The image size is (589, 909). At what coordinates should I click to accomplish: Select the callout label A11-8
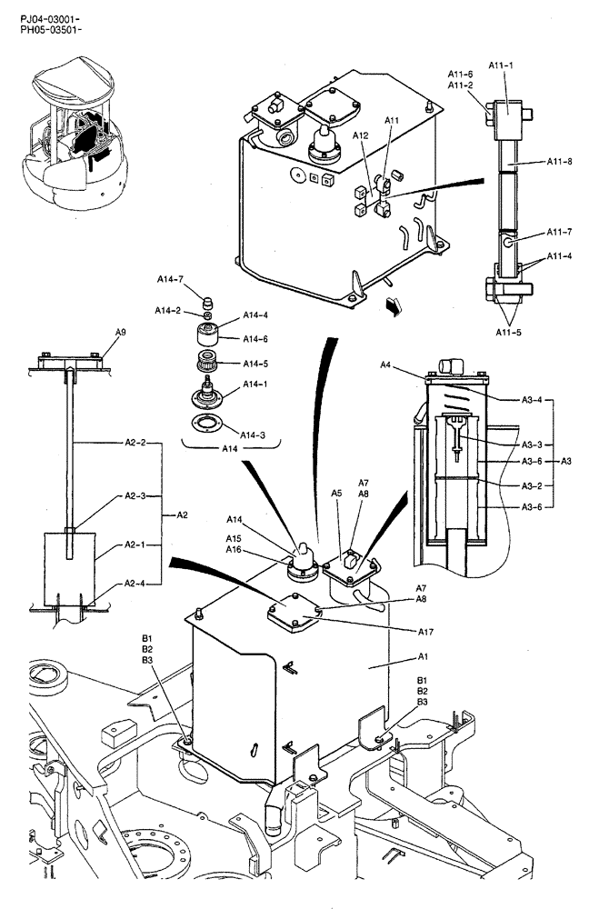click(x=559, y=162)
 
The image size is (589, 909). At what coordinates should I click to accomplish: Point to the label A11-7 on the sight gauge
click(x=559, y=232)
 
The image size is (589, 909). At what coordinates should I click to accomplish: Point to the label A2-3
click(x=139, y=497)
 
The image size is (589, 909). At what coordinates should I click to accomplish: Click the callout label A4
click(x=385, y=366)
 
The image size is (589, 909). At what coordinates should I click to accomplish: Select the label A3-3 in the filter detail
click(x=532, y=445)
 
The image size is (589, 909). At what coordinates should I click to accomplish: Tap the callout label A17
click(x=425, y=631)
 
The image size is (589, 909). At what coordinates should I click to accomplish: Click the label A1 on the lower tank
click(x=423, y=655)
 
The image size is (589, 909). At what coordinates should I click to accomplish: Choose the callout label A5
click(x=335, y=494)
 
